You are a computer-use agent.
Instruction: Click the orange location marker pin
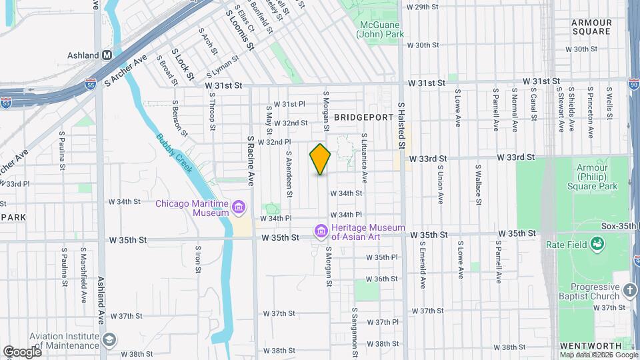tap(321, 159)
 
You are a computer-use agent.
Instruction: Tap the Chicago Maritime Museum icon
tap(238, 208)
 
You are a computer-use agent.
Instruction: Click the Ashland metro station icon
tap(106, 55)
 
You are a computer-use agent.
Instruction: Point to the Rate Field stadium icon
tap(597, 245)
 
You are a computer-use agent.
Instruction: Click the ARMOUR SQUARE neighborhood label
tap(591, 27)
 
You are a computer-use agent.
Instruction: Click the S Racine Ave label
tap(251, 161)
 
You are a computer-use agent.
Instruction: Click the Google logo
tap(21, 351)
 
